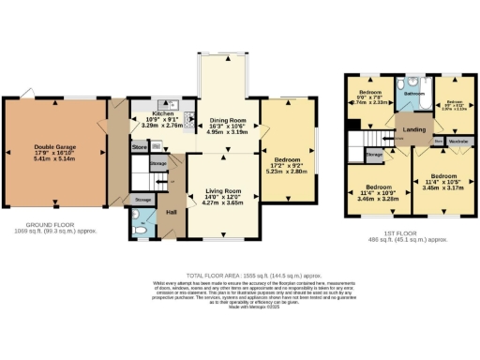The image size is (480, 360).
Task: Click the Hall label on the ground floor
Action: [172, 212]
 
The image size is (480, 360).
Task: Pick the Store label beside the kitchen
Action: [139, 147]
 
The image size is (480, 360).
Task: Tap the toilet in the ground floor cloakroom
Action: [137, 226]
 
